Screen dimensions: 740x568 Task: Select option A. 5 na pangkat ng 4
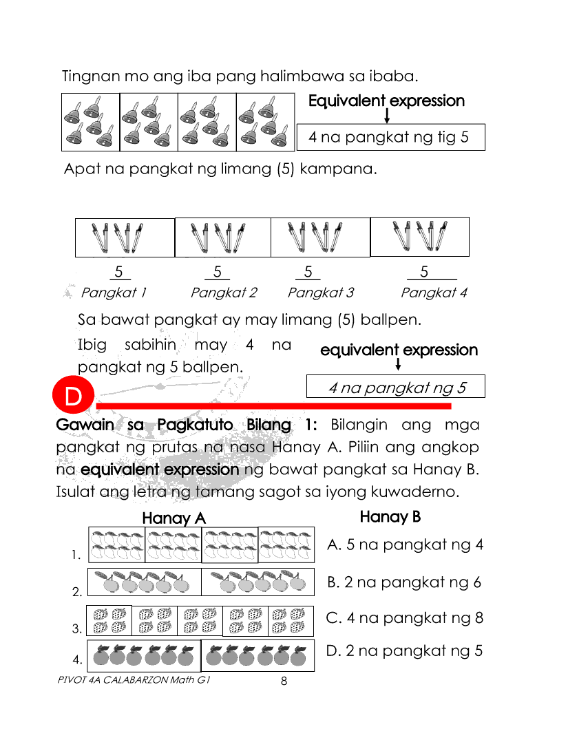pyautogui.click(x=405, y=545)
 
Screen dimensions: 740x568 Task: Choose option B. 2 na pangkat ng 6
pyautogui.click(x=404, y=582)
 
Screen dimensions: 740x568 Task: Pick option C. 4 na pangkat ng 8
pyautogui.click(x=405, y=617)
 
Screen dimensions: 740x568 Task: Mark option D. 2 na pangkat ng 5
pyautogui.click(x=404, y=650)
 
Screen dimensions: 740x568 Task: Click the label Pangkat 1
pyautogui.click(x=114, y=293)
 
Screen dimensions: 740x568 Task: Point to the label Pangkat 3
pyautogui.click(x=320, y=293)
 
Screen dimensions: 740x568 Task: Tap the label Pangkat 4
pyautogui.click(x=434, y=293)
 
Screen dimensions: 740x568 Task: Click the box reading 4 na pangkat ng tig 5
pyautogui.click(x=390, y=137)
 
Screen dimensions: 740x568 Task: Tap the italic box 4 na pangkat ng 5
pyautogui.click(x=396, y=387)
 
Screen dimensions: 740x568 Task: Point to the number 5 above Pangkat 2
pyautogui.click(x=217, y=272)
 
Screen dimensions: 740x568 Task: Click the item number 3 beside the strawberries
pyautogui.click(x=76, y=628)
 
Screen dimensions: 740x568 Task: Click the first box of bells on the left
pyautogui.click(x=90, y=122)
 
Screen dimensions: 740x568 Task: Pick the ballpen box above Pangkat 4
pyautogui.click(x=419, y=237)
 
